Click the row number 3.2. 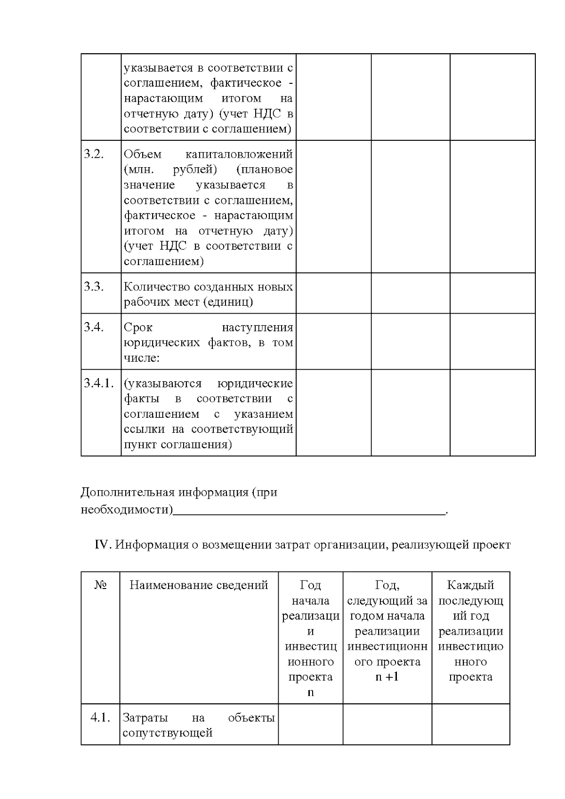coord(94,154)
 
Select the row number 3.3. coord(94,287)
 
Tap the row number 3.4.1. coord(99,383)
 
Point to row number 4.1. coord(100,718)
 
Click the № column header coord(100,585)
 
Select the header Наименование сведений coord(199,585)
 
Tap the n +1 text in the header coord(387,677)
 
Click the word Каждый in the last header coord(470,585)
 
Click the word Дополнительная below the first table coord(128,493)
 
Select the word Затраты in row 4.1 coord(145,718)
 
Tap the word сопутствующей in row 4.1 coord(168,733)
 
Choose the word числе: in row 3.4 coord(142,358)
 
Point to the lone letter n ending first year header coord(310,693)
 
